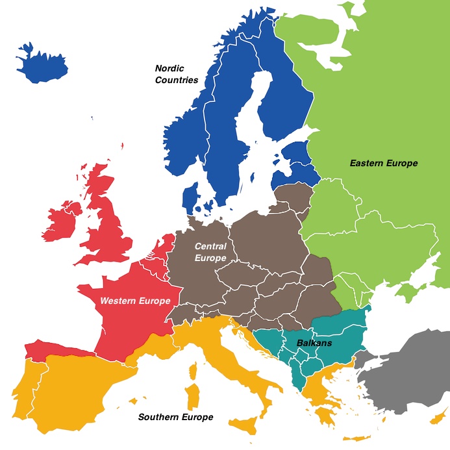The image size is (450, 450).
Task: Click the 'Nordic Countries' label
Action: tap(177, 73)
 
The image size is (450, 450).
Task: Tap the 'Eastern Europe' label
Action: tap(383, 163)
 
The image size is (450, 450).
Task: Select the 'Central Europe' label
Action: tap(210, 252)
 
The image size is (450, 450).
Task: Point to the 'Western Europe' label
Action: tap(135, 301)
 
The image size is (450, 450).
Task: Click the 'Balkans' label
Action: tap(314, 343)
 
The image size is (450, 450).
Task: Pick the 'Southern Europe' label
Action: tap(175, 417)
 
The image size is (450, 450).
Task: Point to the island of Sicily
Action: tap(245, 425)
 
